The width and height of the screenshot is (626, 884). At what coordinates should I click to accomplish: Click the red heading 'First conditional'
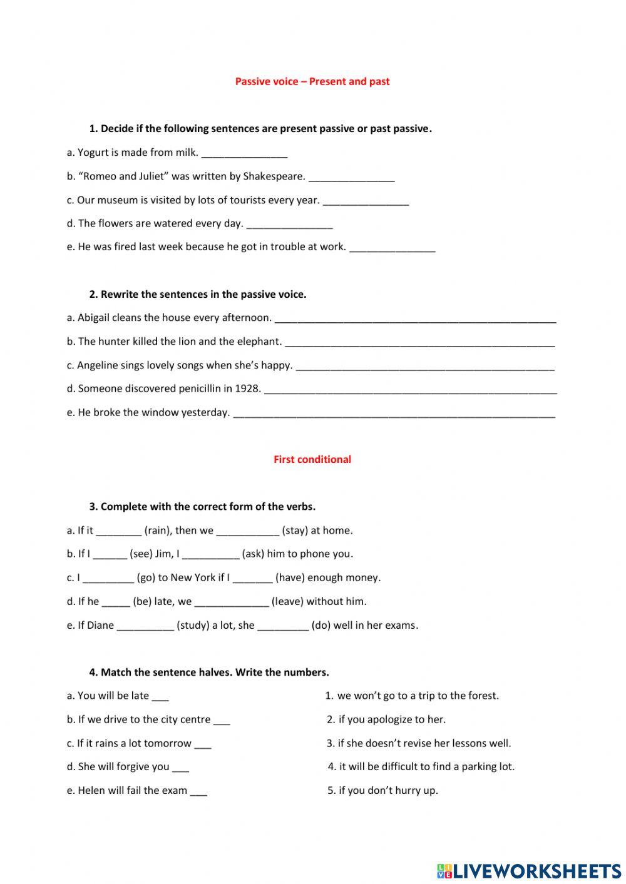click(312, 459)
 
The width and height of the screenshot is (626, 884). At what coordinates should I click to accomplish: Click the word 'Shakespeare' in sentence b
click(274, 176)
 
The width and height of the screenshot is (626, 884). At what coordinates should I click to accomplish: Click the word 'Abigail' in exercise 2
click(93, 318)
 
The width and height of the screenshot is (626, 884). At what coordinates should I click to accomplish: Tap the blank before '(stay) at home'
click(247, 532)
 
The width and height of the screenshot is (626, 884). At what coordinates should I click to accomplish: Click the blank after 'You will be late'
click(160, 697)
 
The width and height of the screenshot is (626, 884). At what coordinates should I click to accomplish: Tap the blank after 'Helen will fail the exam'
click(198, 792)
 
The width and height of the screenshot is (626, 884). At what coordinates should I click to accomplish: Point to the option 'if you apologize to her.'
click(392, 719)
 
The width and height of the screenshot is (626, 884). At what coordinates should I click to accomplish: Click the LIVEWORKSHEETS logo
click(528, 870)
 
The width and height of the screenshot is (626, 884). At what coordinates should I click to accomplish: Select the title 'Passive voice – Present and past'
click(312, 81)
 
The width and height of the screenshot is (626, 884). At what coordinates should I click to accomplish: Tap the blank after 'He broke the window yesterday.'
click(394, 414)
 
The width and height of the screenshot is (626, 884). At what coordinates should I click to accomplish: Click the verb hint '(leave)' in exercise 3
click(287, 601)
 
